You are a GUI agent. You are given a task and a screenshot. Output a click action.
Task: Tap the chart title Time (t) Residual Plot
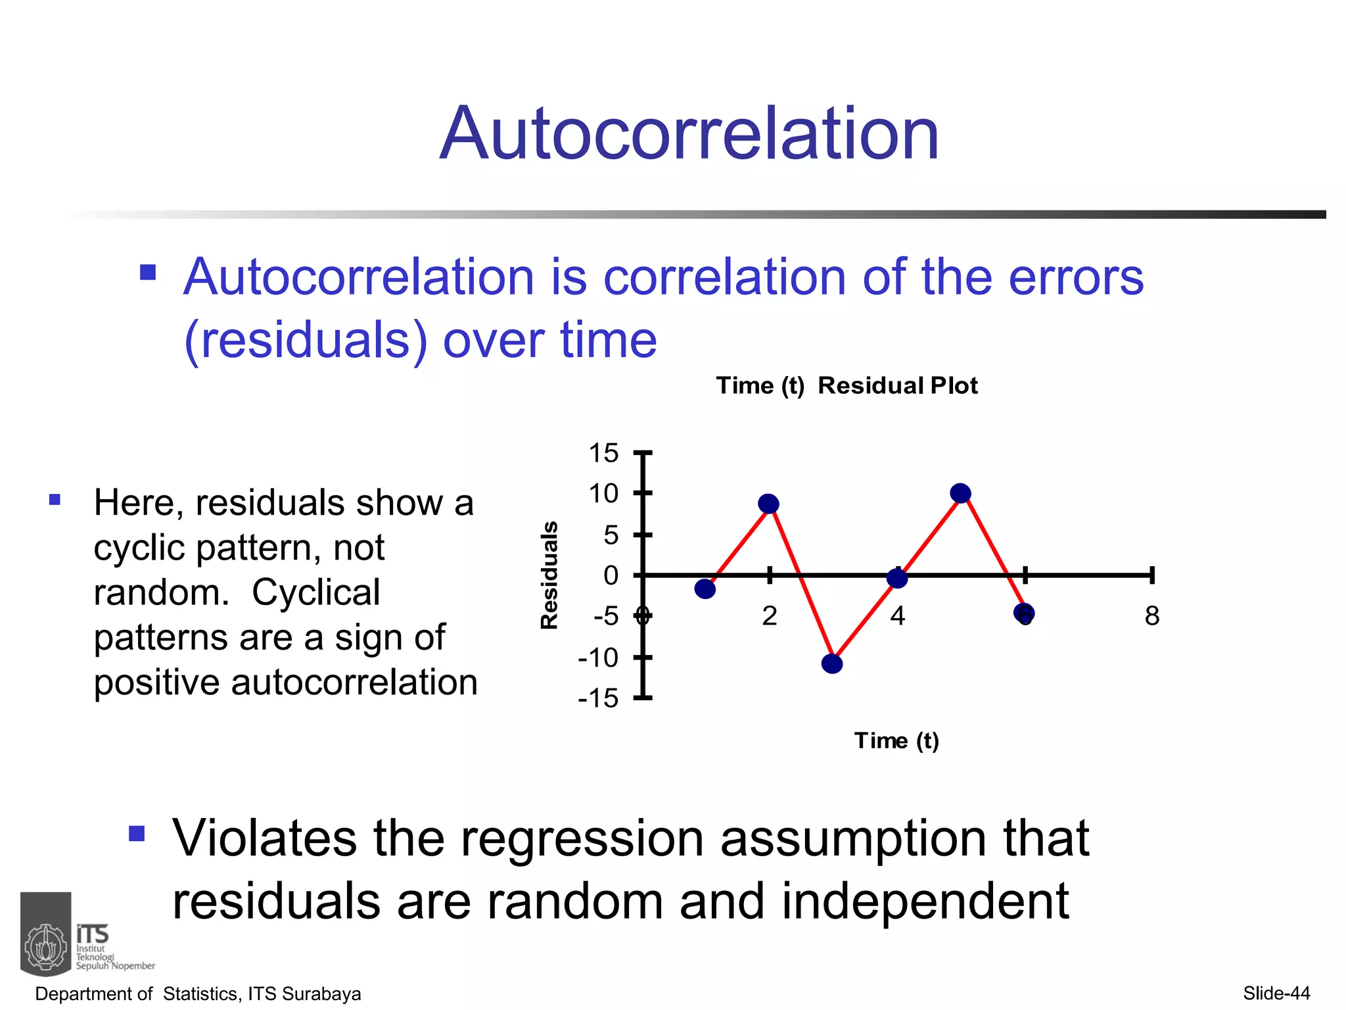[x=847, y=385]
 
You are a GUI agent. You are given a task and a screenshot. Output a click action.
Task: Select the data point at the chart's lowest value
[x=832, y=663]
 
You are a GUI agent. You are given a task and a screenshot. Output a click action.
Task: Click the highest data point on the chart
[x=960, y=493]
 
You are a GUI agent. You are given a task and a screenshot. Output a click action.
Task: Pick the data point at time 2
[x=768, y=504]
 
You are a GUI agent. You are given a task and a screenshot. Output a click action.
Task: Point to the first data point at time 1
[x=705, y=589]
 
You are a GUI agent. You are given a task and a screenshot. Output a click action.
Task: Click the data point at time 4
[x=896, y=578]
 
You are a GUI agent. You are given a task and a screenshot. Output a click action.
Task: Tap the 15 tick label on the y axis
[x=603, y=453]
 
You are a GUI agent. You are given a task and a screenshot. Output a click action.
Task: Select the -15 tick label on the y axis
[x=598, y=698]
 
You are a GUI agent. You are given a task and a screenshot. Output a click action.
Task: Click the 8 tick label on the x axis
[x=1151, y=616]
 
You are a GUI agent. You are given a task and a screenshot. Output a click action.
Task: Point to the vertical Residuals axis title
[x=549, y=575]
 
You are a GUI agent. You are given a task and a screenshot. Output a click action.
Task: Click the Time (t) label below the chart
[x=896, y=740]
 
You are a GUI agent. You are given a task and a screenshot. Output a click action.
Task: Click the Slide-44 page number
[x=1276, y=993]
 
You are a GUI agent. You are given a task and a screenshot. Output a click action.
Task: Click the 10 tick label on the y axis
[x=603, y=493]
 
